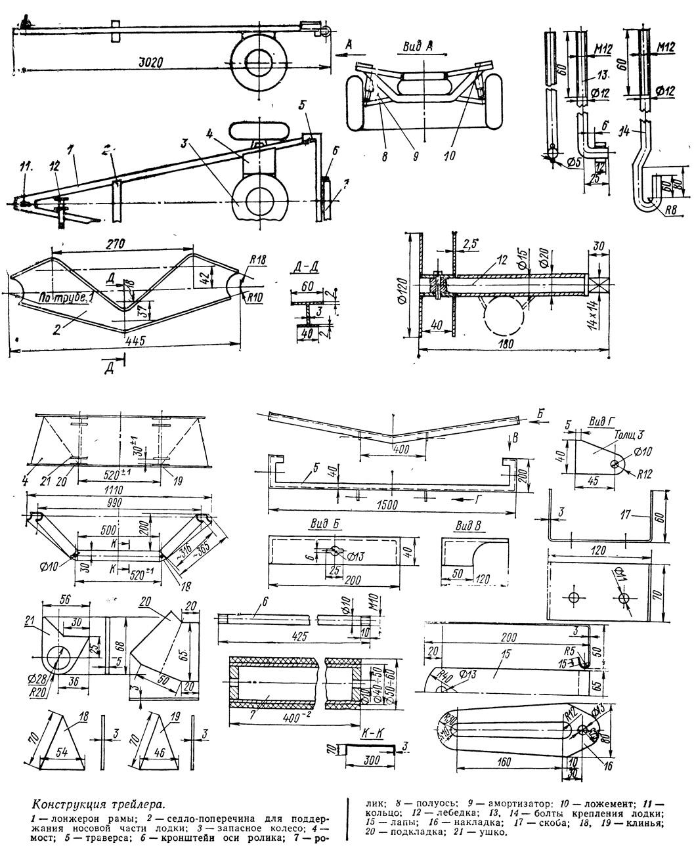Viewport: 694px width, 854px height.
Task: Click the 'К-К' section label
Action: click(x=372, y=731)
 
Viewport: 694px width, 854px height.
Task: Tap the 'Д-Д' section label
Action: click(x=304, y=267)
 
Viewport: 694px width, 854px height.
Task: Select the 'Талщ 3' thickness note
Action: click(x=628, y=434)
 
